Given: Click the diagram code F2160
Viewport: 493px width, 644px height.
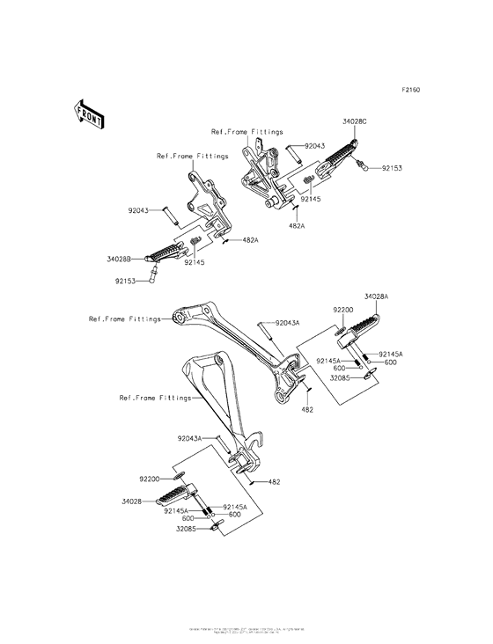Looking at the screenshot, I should point(411,90).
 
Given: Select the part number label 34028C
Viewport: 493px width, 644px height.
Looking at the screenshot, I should point(355,124).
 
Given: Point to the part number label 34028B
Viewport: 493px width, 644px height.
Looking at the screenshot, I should point(119,260).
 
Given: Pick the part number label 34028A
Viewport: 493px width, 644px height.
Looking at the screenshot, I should point(377,297).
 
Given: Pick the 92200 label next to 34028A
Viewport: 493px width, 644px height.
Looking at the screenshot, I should point(343,311).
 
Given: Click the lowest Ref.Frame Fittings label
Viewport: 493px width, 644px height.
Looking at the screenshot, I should point(154,398).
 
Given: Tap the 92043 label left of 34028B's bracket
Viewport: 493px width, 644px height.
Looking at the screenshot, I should point(141,210).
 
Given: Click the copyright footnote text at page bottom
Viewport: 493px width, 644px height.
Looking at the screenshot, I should point(246,631).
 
